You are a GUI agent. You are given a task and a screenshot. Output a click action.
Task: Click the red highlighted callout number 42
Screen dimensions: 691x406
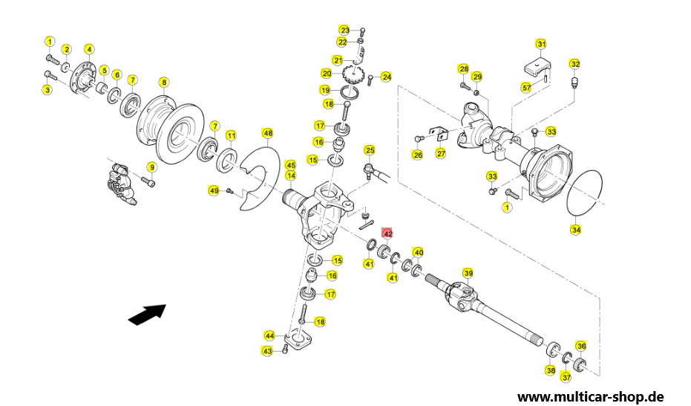click(x=387, y=234)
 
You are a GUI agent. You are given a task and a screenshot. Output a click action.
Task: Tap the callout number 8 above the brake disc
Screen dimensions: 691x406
click(x=164, y=83)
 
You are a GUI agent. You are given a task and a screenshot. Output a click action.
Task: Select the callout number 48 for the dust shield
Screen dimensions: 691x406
click(x=267, y=133)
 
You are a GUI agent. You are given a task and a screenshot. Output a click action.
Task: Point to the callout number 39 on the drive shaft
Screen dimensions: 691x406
click(x=468, y=274)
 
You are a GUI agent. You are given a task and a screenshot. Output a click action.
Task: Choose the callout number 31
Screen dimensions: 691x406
click(x=541, y=44)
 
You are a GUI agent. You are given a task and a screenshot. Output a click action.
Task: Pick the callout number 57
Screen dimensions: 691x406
click(x=527, y=88)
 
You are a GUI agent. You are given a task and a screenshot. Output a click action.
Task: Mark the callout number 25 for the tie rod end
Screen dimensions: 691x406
click(x=370, y=150)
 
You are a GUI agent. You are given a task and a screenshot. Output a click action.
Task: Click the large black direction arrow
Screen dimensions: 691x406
click(x=147, y=315)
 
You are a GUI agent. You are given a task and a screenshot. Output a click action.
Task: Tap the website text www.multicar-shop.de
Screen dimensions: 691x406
click(x=591, y=396)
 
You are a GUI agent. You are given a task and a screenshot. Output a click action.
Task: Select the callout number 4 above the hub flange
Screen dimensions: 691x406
click(x=89, y=49)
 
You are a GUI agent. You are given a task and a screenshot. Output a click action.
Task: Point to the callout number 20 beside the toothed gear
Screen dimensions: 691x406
click(x=327, y=74)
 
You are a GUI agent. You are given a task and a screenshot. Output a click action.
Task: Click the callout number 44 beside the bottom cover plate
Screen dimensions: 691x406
click(x=269, y=336)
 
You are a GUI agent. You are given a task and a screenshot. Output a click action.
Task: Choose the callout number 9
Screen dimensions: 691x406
click(x=151, y=167)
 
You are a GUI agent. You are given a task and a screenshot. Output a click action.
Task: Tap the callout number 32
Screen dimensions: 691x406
click(x=575, y=64)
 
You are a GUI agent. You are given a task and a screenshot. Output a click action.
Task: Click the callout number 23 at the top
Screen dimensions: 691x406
click(x=344, y=30)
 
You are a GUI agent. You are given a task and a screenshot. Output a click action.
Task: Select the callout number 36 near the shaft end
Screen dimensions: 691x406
click(x=582, y=347)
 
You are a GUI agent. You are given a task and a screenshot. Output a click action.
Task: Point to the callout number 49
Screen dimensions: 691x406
click(x=214, y=191)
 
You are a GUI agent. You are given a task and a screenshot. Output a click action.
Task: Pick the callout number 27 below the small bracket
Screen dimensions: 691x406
click(x=441, y=154)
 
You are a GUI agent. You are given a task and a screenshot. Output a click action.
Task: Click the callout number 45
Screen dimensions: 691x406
click(x=290, y=166)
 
